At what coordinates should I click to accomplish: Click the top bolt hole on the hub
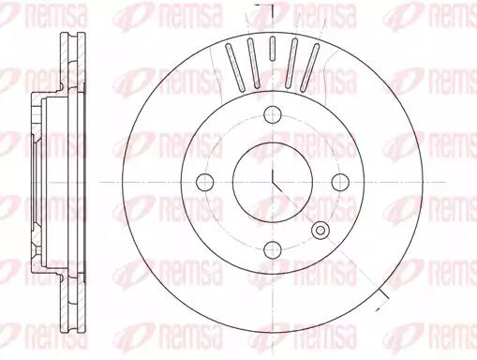[273, 114]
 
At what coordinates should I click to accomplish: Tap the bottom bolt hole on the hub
[273, 250]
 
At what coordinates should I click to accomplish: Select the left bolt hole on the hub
[205, 182]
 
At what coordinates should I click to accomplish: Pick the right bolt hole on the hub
[340, 182]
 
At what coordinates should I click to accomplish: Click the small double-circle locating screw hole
[320, 231]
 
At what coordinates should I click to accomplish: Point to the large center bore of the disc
[273, 182]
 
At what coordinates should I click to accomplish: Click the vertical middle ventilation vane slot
[273, 48]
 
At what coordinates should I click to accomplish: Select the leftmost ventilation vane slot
[236, 67]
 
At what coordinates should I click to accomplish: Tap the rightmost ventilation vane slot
[309, 67]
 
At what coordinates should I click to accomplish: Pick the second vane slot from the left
[253, 63]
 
